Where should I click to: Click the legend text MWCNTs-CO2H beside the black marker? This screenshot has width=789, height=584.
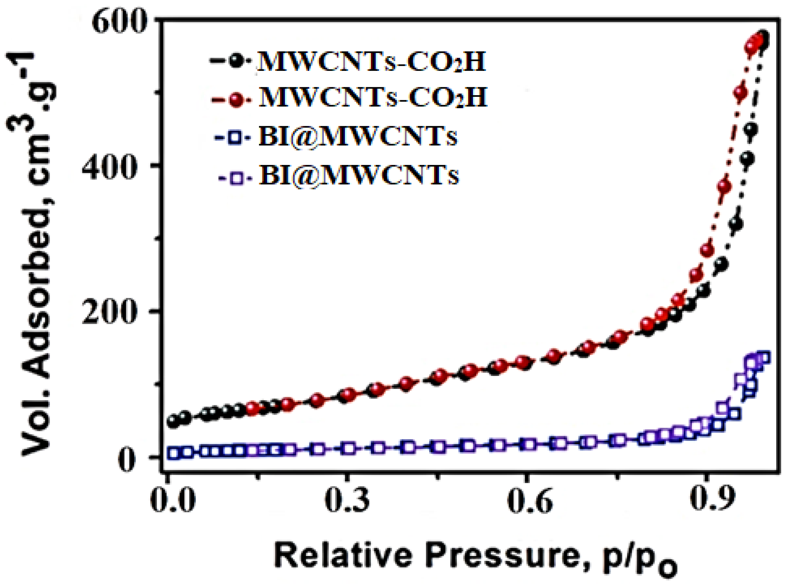tap(371, 61)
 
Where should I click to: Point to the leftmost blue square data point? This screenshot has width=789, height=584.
tap(174, 453)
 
